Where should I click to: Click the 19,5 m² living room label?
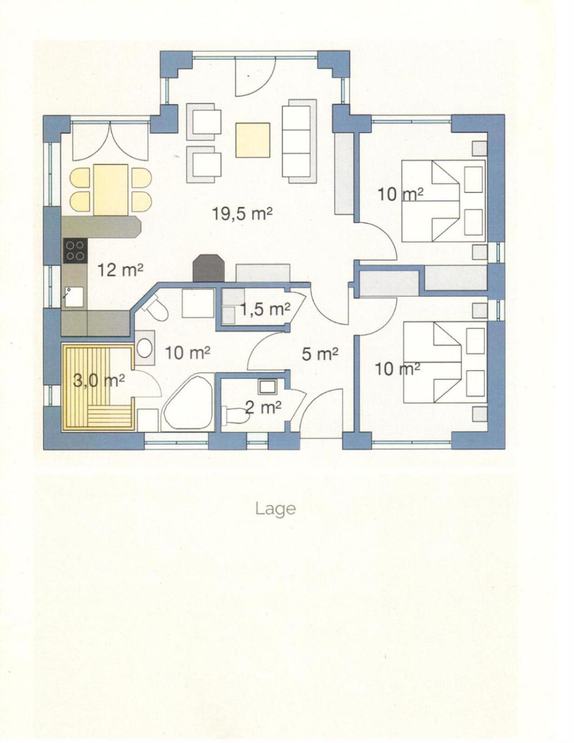242,214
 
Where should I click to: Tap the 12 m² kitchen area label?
120,270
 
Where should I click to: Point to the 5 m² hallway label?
320,355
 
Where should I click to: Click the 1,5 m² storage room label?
265,310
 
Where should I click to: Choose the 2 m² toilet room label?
264,407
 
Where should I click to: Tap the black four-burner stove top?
75,251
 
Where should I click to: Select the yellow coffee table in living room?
253,140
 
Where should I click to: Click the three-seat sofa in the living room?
299,142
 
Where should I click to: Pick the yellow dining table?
111,190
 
